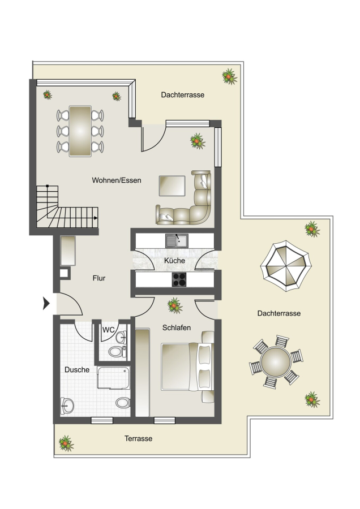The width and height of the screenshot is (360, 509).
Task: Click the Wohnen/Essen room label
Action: [116, 180]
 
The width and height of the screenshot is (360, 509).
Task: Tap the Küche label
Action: [174, 260]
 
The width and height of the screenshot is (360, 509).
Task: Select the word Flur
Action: [98, 278]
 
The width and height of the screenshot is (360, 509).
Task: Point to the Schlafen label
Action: [177, 327]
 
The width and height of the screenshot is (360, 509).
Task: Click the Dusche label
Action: [77, 369]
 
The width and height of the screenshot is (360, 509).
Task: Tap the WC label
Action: [108, 330]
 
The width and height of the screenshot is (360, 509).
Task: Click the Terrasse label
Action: [139, 438]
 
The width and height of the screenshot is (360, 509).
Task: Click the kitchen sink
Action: [177, 240]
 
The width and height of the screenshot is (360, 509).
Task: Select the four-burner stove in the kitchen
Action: [179, 279]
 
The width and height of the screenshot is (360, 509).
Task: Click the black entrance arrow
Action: [46, 303]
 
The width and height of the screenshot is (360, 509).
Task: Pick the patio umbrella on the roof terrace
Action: [286, 266]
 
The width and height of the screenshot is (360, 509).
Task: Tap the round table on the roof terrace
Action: [276, 361]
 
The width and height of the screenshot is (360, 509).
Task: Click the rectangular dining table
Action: [80, 131]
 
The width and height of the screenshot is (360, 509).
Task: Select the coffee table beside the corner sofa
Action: [172, 186]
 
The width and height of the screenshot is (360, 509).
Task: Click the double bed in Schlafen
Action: [187, 367]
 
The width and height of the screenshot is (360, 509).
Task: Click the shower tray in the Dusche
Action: [113, 378]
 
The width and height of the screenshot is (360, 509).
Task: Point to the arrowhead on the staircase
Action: [96, 218]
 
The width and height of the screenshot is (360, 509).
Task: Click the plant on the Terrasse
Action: [66, 443]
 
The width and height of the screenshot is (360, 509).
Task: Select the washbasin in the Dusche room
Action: [67, 406]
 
